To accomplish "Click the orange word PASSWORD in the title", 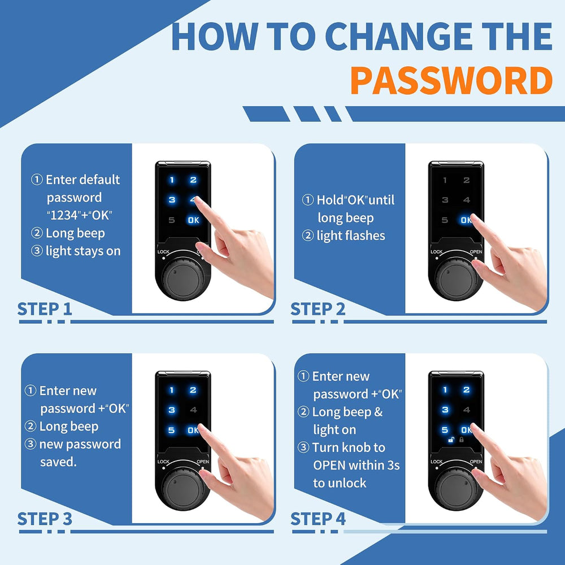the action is [x=451, y=80].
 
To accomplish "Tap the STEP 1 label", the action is [x=45, y=309].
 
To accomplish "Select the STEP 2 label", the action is [x=318, y=309].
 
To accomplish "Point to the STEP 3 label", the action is [x=45, y=519].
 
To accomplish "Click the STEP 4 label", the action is [x=318, y=519].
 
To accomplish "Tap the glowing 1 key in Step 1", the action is [x=172, y=180].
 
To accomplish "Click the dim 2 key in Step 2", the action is [x=466, y=180].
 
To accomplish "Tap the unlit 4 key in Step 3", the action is [x=193, y=410].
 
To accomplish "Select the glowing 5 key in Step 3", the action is [x=172, y=430].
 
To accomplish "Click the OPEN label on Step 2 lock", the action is [x=476, y=252].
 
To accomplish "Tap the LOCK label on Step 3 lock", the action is [x=163, y=462].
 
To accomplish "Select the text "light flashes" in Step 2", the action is [x=351, y=236].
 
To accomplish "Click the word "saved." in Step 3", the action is [x=58, y=462].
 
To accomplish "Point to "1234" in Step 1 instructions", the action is [x=64, y=215].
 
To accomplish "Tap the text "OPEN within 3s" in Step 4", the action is [x=357, y=465].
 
